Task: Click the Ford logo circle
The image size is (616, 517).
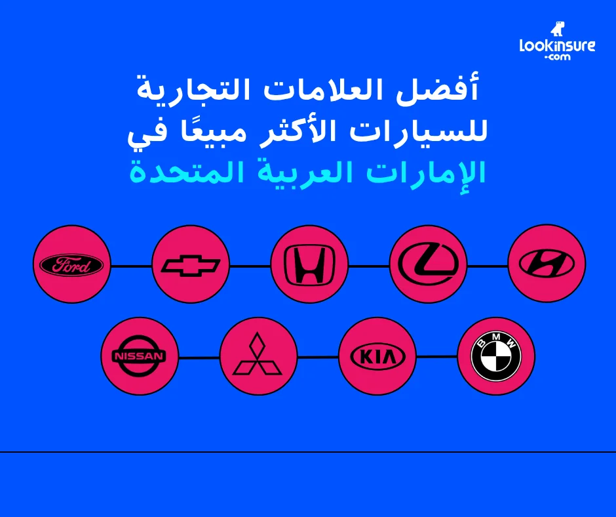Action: pyautogui.click(x=71, y=264)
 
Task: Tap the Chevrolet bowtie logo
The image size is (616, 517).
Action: pyautogui.click(x=191, y=264)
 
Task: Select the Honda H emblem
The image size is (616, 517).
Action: pyautogui.click(x=309, y=264)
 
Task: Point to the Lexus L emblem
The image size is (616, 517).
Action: pyautogui.click(x=428, y=264)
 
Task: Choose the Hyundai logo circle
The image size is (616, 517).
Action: pyautogui.click(x=547, y=264)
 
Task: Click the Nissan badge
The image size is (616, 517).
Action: pyautogui.click(x=140, y=356)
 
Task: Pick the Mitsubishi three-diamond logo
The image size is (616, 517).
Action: pyautogui.click(x=258, y=356)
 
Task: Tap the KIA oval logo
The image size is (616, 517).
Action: pyautogui.click(x=377, y=356)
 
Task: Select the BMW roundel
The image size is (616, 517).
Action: pyautogui.click(x=496, y=356)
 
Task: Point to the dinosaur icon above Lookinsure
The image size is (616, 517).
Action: pyautogui.click(x=557, y=29)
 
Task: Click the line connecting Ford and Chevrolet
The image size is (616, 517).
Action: pyautogui.click(x=131, y=266)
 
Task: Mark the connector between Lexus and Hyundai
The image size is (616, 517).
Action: pyautogui.click(x=487, y=266)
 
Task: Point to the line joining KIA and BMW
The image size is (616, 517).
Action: pyautogui.click(x=436, y=356)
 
